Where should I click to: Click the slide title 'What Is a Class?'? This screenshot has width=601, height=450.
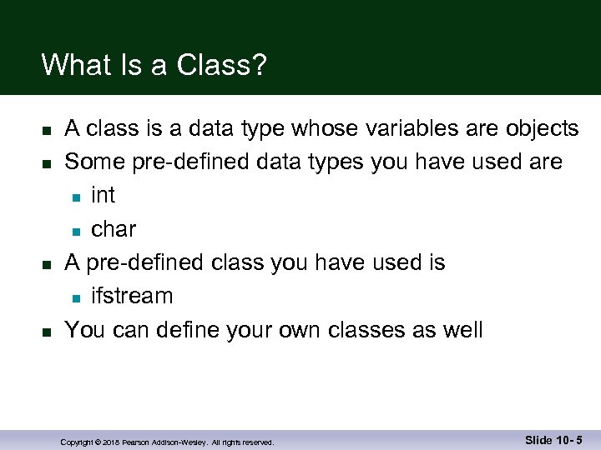(x=154, y=65)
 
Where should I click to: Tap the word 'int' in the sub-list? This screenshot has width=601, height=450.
(x=103, y=196)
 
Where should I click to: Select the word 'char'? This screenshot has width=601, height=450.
(x=113, y=229)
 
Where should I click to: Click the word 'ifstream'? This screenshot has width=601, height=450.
(x=132, y=296)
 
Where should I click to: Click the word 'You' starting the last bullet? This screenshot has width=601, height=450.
(x=85, y=330)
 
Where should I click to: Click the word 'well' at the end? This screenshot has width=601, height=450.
(x=460, y=330)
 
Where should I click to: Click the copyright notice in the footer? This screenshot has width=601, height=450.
(x=167, y=442)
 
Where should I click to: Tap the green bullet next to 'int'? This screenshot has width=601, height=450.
(x=75, y=197)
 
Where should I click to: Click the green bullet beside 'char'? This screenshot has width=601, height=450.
(x=75, y=231)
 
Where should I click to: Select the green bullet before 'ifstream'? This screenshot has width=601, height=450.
(x=75, y=297)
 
